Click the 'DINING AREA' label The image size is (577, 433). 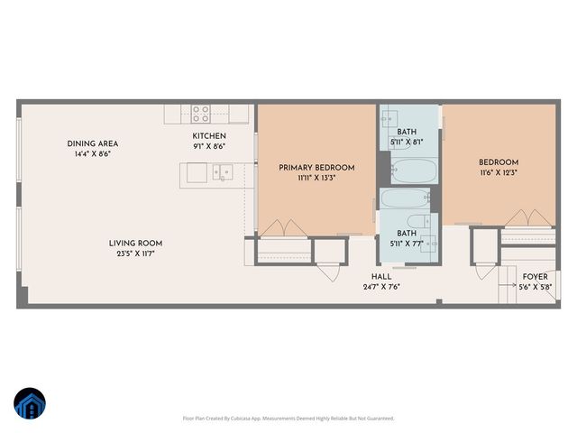[92, 143]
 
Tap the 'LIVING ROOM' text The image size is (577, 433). [135, 243]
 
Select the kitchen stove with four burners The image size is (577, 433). [200, 114]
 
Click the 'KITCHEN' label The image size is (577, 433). [208, 135]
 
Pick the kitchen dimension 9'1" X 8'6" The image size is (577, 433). [208, 146]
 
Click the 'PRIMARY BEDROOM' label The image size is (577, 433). [316, 168]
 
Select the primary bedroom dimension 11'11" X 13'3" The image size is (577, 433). [316, 179]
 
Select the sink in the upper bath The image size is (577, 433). [390, 117]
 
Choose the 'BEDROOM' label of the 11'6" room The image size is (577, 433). [499, 162]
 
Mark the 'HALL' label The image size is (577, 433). [380, 277]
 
